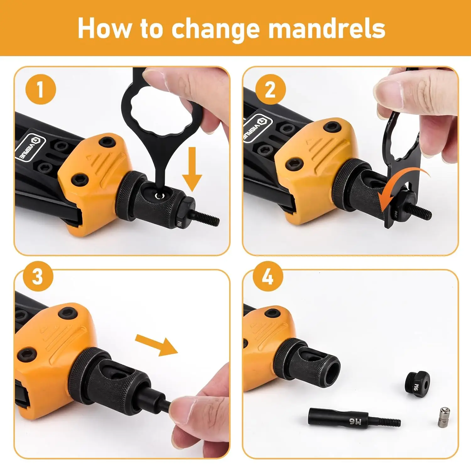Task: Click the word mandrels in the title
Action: (x=327, y=29)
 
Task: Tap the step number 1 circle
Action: (x=40, y=89)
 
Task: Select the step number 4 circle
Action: (x=268, y=277)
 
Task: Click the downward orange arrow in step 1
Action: (x=192, y=169)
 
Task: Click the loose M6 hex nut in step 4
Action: (x=417, y=384)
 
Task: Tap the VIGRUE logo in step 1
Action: (x=31, y=148)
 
